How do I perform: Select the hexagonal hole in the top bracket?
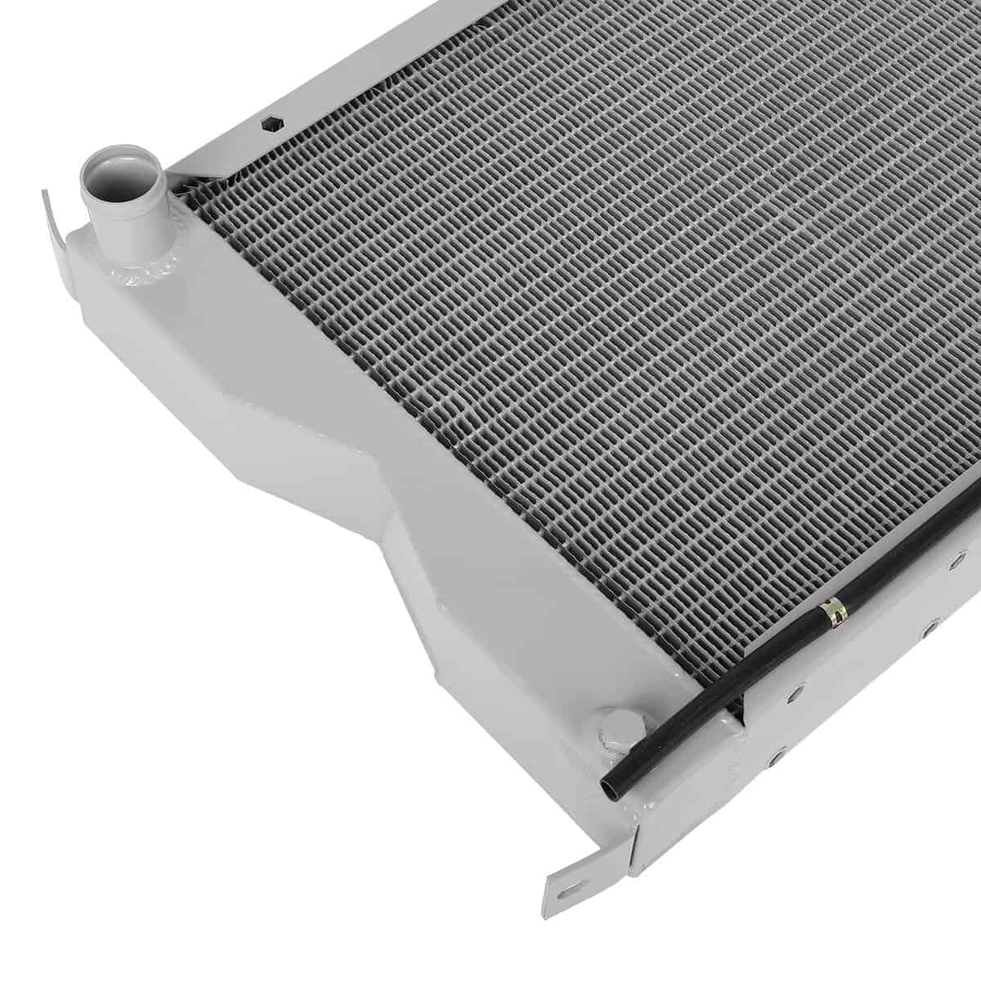[269, 125]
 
